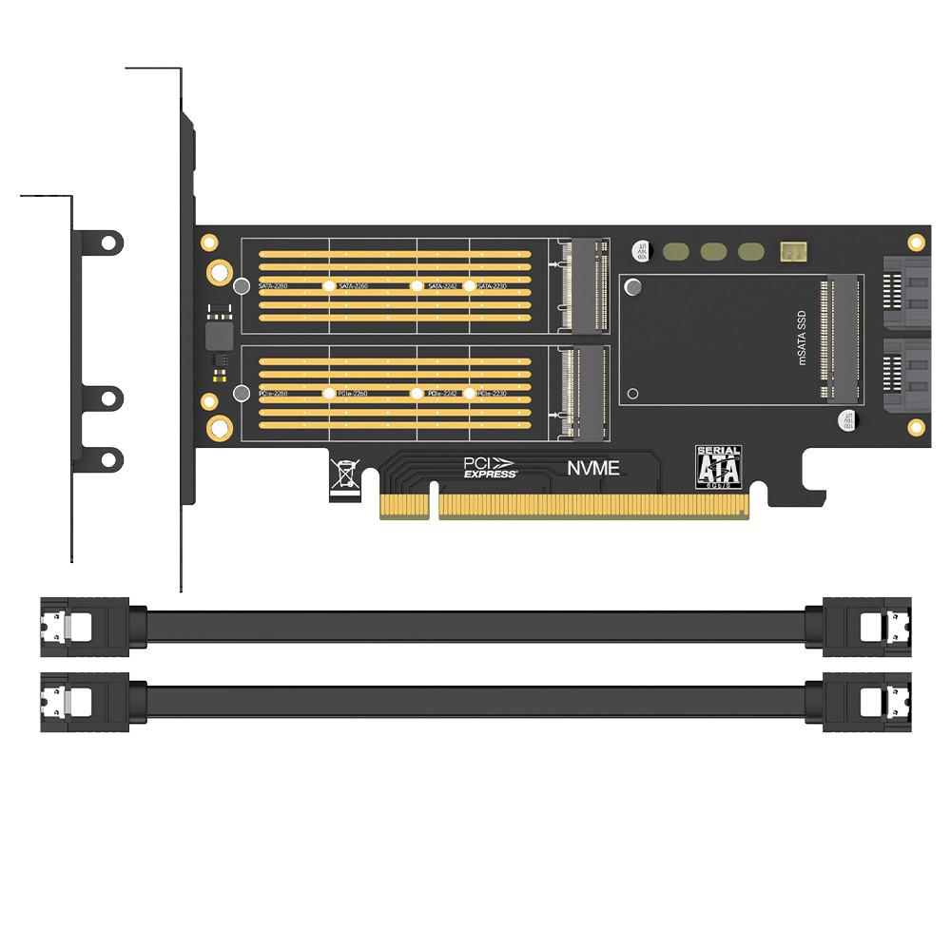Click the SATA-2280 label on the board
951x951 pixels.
click(x=273, y=286)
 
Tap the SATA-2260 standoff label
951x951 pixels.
click(x=354, y=286)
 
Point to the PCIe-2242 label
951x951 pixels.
click(x=444, y=394)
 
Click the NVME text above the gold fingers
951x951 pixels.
click(x=593, y=468)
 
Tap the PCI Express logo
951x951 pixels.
click(x=490, y=467)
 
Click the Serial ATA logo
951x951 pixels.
click(x=719, y=467)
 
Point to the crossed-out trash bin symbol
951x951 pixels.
click(x=343, y=475)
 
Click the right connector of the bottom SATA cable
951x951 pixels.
click(x=866, y=703)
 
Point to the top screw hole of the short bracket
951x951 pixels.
click(x=109, y=243)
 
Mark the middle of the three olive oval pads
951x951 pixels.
click(x=713, y=252)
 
